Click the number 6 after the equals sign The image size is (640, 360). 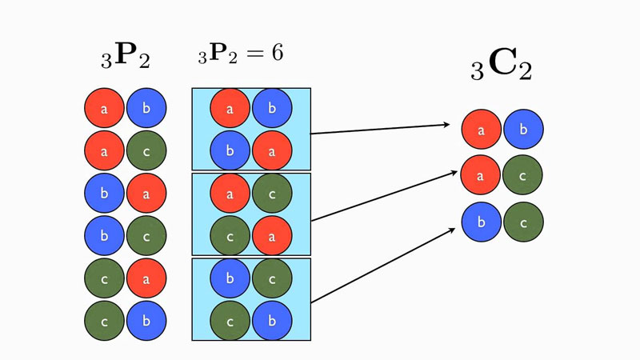276,53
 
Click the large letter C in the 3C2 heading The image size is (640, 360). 500,68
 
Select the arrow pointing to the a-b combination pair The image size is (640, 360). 379,129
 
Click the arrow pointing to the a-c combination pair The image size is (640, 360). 379,194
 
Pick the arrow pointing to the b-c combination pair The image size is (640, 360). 379,266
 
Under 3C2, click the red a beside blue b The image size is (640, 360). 482,130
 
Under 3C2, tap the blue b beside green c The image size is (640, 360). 482,222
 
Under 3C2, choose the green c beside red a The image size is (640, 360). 523,176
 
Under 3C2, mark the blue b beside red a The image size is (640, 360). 523,130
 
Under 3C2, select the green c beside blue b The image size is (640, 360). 523,222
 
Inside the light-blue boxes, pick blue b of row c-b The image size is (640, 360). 272,321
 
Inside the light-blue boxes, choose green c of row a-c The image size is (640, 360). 272,194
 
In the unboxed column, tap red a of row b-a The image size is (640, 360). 146,193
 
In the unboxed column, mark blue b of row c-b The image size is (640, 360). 146,321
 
